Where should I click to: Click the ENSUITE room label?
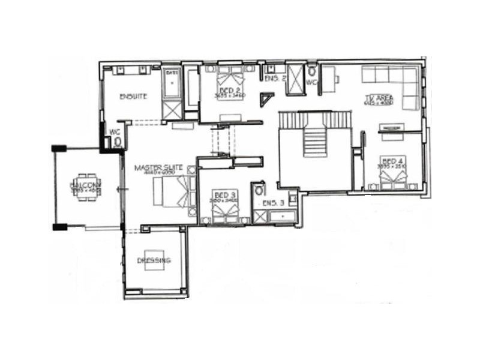click(133, 96)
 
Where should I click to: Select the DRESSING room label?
click(154, 260)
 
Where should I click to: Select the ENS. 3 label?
click(274, 203)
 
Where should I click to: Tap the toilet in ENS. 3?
click(259, 190)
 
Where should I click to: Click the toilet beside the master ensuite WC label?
click(118, 142)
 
